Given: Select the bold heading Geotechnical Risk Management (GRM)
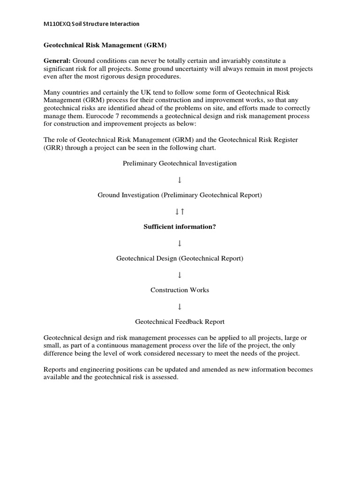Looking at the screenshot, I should tap(105, 45).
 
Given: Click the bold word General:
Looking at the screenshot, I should tap(57, 61).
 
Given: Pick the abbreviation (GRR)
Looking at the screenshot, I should tap(53, 148).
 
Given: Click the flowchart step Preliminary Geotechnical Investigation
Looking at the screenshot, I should tap(180, 163).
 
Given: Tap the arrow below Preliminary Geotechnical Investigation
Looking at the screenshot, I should tap(180, 180).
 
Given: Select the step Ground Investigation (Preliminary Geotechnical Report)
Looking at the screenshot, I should tap(180, 195).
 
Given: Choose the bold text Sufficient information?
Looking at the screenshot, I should tap(180, 227).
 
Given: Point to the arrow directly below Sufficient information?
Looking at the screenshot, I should tap(180, 243).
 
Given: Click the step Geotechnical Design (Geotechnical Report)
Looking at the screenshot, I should tap(180, 258).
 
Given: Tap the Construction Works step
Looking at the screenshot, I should tap(180, 290).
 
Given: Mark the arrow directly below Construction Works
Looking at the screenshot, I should tap(180, 306).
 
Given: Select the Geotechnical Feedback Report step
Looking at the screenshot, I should tap(180, 322).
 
